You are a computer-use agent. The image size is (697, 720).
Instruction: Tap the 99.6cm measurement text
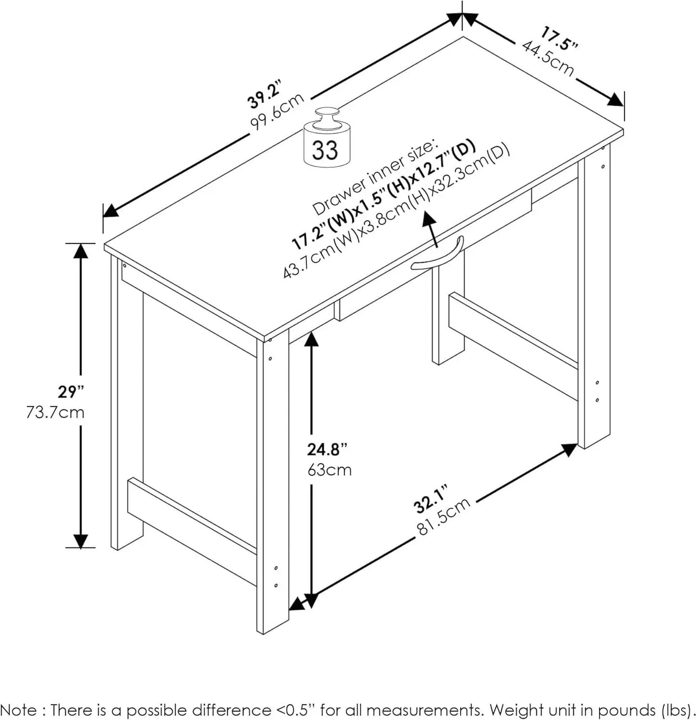pos(277,111)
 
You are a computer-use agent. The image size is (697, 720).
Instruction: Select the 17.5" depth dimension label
pos(559,39)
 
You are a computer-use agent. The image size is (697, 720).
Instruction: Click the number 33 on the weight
pos(325,150)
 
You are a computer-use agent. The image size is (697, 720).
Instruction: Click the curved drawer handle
pos(437,253)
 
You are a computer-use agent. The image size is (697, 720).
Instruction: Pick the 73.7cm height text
pos(55,413)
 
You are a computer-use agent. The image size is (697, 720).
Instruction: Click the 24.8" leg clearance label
pos(327,450)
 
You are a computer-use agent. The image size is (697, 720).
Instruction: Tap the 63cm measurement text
pos(329,469)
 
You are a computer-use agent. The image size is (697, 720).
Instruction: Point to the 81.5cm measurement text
pos(443,516)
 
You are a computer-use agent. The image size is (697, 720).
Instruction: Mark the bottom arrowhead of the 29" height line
pos(81,540)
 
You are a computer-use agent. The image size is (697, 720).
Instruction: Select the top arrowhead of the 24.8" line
pos(312,340)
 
